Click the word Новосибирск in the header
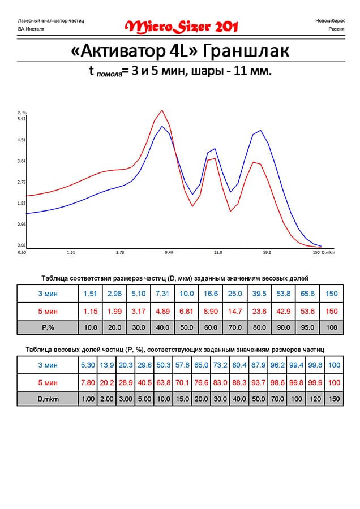(x=328, y=21)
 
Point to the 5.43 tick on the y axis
(x=22, y=119)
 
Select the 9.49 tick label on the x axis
(x=169, y=253)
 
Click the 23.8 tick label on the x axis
(x=218, y=253)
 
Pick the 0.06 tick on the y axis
(x=22, y=245)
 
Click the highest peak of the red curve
(x=162, y=110)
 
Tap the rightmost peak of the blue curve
(x=260, y=130)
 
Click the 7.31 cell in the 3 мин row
(x=162, y=294)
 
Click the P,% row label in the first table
(x=47, y=327)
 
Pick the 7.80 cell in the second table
(x=88, y=382)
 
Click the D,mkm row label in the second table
(x=47, y=399)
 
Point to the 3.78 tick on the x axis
(x=119, y=253)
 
